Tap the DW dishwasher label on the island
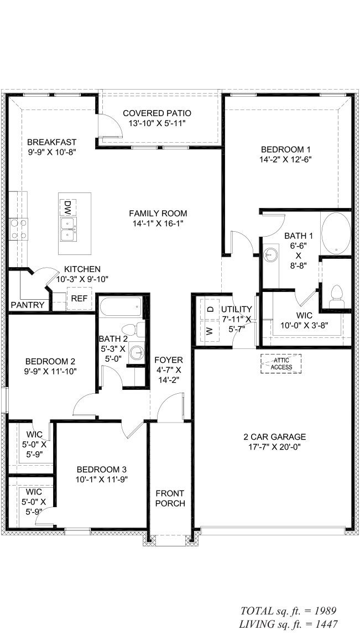67,207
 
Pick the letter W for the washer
210,331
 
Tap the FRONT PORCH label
170,498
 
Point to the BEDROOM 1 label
286,149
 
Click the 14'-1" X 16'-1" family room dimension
158,223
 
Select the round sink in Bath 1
270,255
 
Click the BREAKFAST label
51,142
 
